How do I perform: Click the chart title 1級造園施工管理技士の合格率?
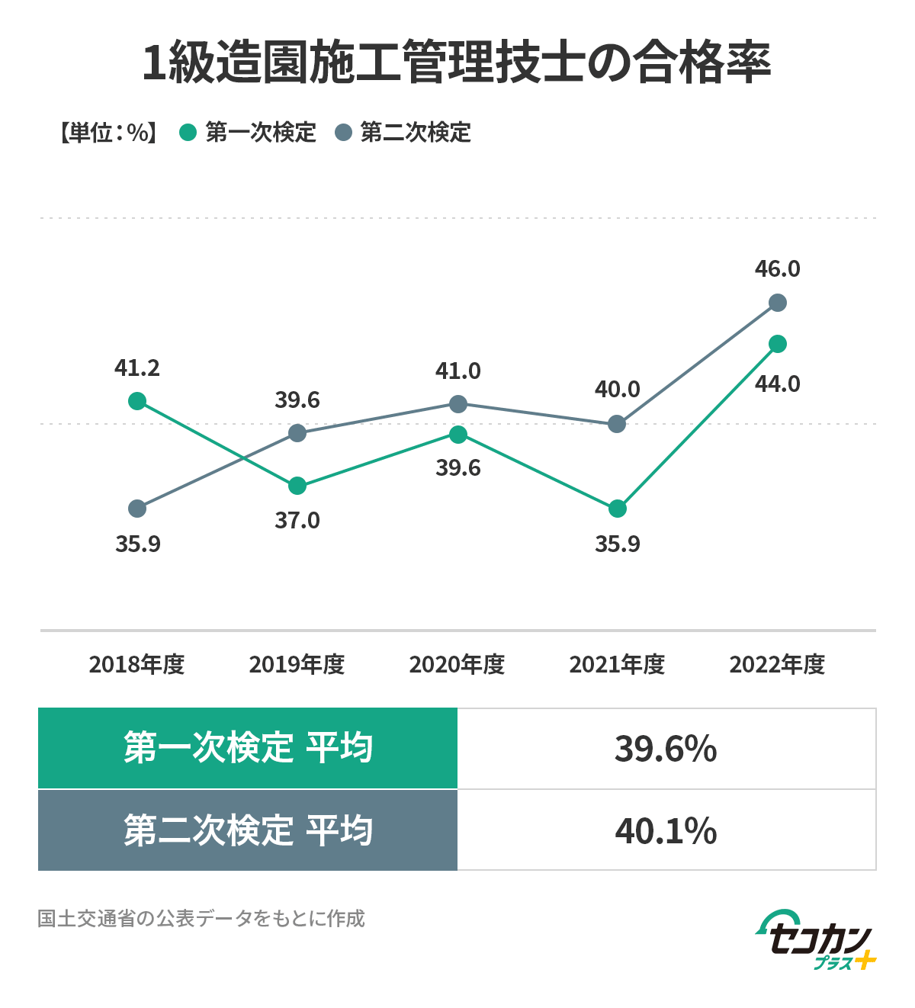pyautogui.click(x=457, y=63)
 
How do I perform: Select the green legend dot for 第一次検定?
pyautogui.click(x=188, y=133)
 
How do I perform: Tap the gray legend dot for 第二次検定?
pyautogui.click(x=344, y=133)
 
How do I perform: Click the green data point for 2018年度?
pyautogui.click(x=137, y=401)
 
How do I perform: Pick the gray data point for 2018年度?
pyautogui.click(x=137, y=509)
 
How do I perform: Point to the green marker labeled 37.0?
pyautogui.click(x=297, y=486)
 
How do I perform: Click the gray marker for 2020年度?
pyautogui.click(x=457, y=403)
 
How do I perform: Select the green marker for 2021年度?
pyautogui.click(x=618, y=509)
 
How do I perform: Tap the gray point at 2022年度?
pyautogui.click(x=778, y=303)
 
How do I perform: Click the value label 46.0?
pyautogui.click(x=778, y=269)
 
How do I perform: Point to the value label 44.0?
pyautogui.click(x=778, y=384)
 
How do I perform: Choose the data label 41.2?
pyautogui.click(x=137, y=369)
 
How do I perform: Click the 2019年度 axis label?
pyautogui.click(x=297, y=665)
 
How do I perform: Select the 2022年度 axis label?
pyautogui.click(x=777, y=665)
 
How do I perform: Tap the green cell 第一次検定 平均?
pyautogui.click(x=248, y=748)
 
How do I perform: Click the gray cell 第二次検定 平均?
pyautogui.click(x=248, y=830)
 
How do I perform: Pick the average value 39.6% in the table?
pyautogui.click(x=666, y=750)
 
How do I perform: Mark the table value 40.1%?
pyautogui.click(x=666, y=831)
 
